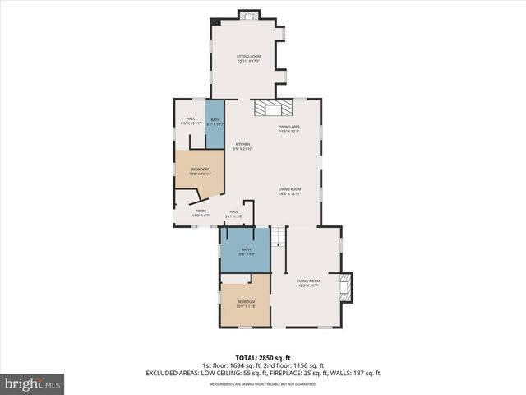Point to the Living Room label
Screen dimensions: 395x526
[289, 191]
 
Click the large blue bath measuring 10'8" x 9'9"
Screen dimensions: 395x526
[245, 251]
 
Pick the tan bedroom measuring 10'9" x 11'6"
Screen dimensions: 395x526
[246, 304]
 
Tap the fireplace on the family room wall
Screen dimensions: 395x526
[345, 285]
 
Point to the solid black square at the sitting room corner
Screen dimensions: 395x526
[215, 21]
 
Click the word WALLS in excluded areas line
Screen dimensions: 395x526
[340, 373]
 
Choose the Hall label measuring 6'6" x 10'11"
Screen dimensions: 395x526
[190, 121]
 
